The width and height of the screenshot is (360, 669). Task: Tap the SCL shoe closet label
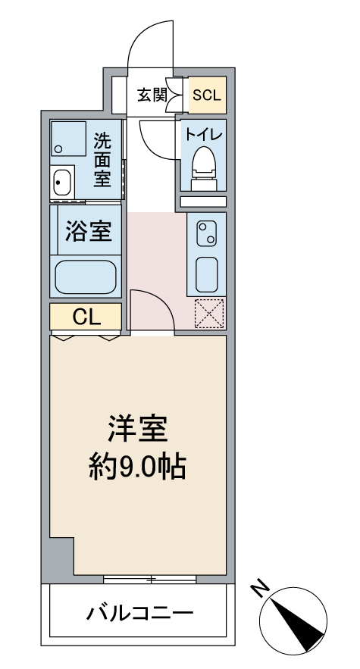click(207, 95)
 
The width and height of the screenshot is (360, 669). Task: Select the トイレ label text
click(203, 135)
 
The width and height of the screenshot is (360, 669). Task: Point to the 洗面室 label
click(102, 160)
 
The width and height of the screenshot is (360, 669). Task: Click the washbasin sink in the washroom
click(63, 183)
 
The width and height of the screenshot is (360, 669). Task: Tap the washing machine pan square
click(68, 139)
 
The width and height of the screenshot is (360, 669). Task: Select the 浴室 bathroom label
click(89, 231)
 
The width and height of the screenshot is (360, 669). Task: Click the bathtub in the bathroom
click(86, 277)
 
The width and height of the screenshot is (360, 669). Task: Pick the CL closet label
click(86, 317)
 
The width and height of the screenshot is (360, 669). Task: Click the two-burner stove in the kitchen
click(206, 233)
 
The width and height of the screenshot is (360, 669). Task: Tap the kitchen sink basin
click(207, 274)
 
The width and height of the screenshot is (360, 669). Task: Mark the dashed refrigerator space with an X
click(209, 314)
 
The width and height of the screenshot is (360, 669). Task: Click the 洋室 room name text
click(138, 428)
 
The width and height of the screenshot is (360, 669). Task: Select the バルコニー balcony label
click(139, 614)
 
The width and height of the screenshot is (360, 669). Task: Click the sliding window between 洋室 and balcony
click(150, 579)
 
